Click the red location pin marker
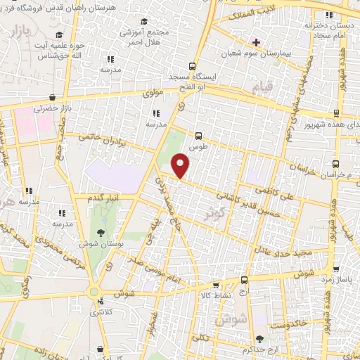181,166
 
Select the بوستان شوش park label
101,243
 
